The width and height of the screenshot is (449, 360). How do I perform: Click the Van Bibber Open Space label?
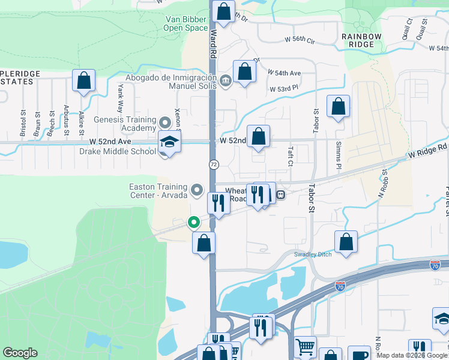pyautogui.click(x=186, y=23)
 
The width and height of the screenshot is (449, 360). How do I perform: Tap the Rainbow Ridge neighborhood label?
pyautogui.click(x=362, y=40)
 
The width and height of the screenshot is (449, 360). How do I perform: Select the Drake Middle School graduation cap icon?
pyautogui.click(x=170, y=143)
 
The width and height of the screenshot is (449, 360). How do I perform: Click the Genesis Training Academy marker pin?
pyautogui.click(x=166, y=124)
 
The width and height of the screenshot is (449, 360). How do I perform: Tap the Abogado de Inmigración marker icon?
pyautogui.click(x=226, y=80)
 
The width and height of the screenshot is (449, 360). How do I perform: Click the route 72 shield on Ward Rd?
pyautogui.click(x=214, y=164)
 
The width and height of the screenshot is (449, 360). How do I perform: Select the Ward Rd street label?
pyautogui.click(x=213, y=45)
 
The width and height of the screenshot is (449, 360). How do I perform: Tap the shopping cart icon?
pyautogui.click(x=306, y=346)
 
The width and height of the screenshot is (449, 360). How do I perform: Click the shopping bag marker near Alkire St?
pyautogui.click(x=84, y=80)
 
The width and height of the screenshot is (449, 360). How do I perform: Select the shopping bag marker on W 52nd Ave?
pyautogui.click(x=259, y=136)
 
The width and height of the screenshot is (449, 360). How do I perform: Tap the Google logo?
pyautogui.click(x=20, y=353)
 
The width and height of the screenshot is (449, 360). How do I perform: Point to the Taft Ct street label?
pyautogui.click(x=289, y=157)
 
